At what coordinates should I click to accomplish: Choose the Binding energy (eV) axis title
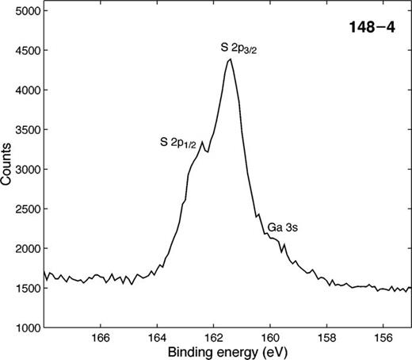coord(227,350)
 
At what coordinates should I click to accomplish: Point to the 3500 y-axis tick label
coord(27,130)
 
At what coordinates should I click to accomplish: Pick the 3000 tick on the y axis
coord(27,170)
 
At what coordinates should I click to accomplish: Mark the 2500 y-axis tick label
coord(27,209)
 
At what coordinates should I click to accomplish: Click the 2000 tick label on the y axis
coord(27,248)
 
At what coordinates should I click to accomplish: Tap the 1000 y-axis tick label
coord(27,327)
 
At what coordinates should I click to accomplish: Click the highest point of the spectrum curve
coord(230,59)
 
